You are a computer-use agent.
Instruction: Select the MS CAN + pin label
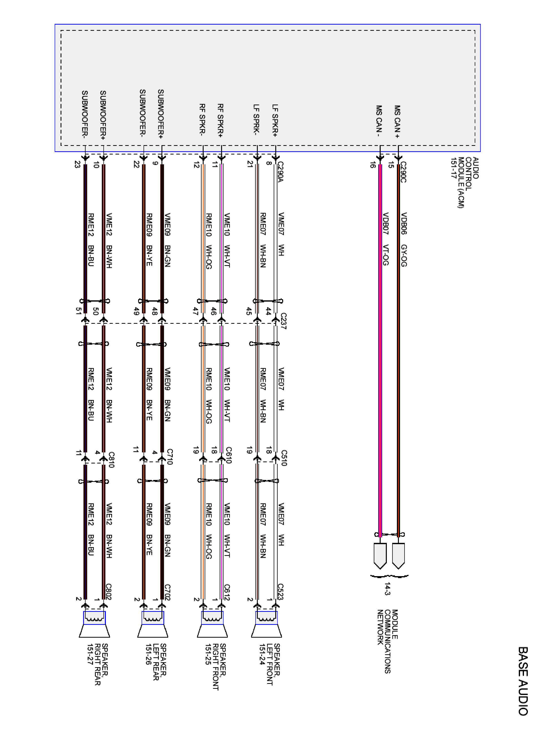(397, 122)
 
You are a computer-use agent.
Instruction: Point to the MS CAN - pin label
(379, 122)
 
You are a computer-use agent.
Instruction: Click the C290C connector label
(403, 172)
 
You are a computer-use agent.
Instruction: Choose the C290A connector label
(280, 172)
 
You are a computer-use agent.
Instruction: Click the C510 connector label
(283, 458)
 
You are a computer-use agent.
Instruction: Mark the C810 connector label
(111, 460)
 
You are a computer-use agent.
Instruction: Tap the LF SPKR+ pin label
(275, 121)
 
